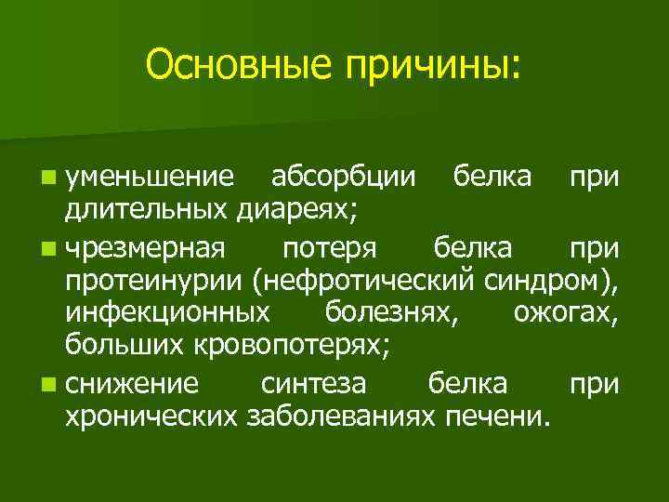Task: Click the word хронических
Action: pyautogui.click(x=154, y=416)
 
